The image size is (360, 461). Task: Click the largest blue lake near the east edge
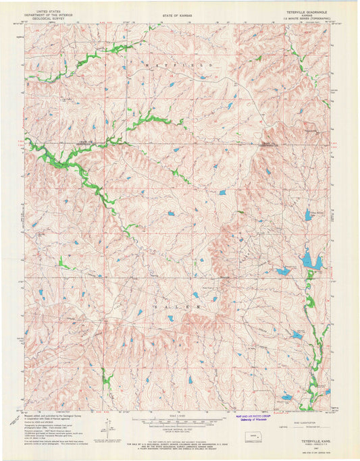coord(309,259)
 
